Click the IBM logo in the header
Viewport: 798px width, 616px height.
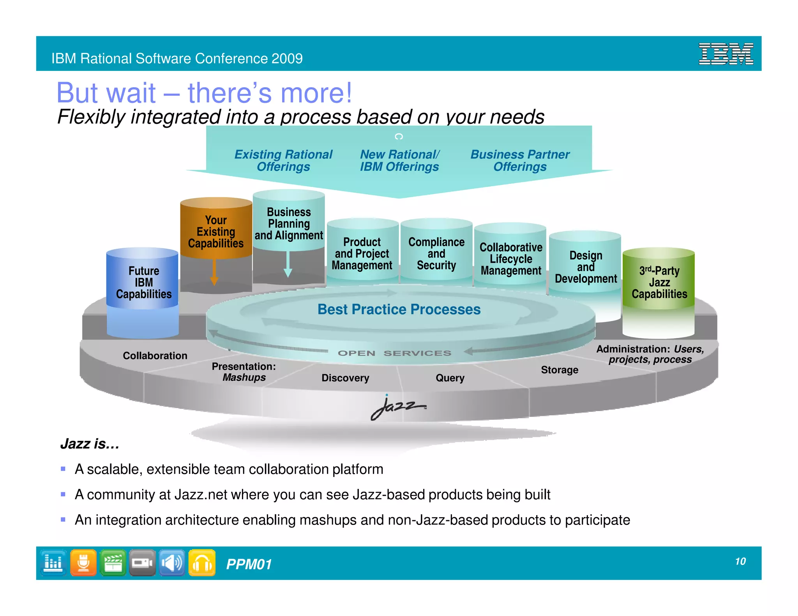point(726,54)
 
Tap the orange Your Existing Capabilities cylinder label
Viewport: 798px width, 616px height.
point(215,232)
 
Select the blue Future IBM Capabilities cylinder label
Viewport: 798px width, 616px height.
point(144,282)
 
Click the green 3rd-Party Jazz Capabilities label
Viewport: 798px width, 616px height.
point(659,282)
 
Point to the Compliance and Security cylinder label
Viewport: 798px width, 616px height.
point(436,253)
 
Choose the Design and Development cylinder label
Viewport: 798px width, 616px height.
point(586,267)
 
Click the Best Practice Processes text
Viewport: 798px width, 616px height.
point(399,309)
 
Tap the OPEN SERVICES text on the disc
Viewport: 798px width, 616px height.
point(394,353)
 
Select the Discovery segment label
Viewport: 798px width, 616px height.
point(345,378)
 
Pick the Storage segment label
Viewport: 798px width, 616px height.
point(559,370)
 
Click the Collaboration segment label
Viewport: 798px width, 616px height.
point(155,356)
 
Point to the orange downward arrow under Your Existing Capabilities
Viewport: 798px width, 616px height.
point(214,273)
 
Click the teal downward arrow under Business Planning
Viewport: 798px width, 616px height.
point(288,264)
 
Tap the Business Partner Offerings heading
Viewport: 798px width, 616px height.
point(520,160)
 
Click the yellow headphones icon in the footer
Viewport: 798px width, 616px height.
point(202,563)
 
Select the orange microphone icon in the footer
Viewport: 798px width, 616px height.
point(83,563)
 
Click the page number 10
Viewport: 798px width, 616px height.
point(740,561)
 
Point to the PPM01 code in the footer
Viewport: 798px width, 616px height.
point(249,564)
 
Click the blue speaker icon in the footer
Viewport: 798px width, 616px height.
point(172,563)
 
